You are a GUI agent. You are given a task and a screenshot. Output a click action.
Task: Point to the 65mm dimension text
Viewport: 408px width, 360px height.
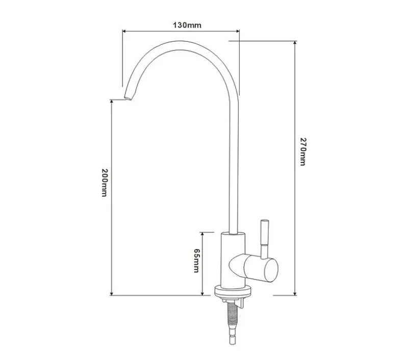[196, 260]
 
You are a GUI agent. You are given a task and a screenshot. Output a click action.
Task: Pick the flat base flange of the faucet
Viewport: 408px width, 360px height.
[233, 293]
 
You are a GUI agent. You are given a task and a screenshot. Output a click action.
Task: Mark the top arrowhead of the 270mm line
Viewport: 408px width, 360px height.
[295, 44]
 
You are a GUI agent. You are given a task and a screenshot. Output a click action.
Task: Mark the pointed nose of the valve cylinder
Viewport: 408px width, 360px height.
[231, 265]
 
